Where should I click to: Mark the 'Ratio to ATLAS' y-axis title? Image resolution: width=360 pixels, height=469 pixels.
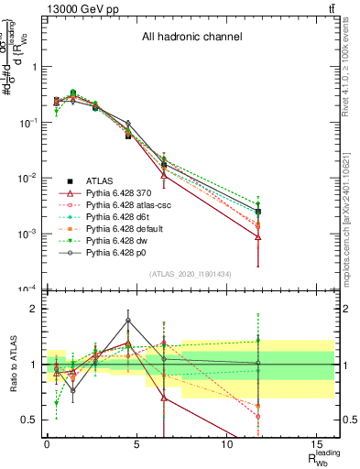pos(12,364)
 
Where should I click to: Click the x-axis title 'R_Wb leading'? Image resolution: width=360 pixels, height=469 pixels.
pos(318,459)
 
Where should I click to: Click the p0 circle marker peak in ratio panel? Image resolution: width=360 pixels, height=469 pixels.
pos(127,320)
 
